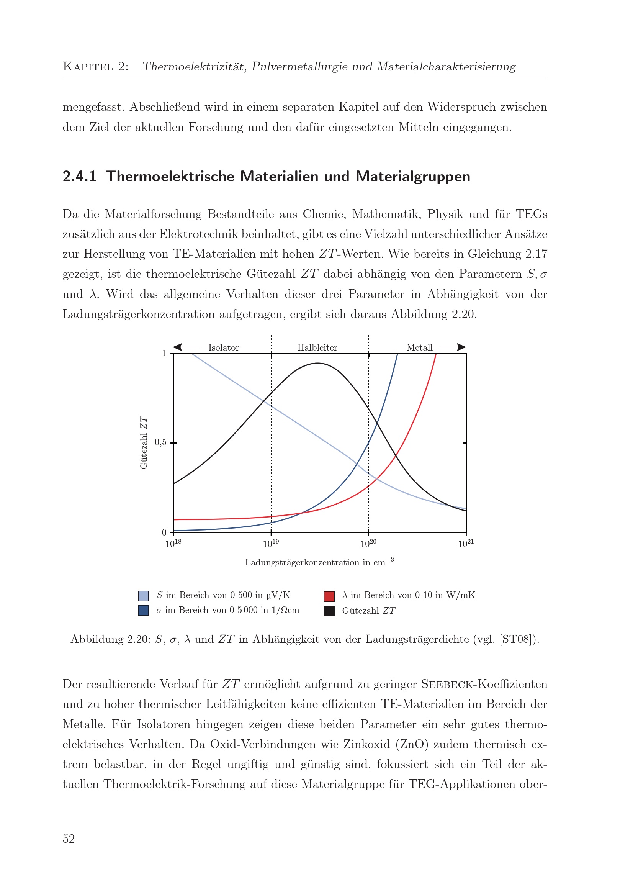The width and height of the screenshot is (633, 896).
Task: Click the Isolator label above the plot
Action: point(223,347)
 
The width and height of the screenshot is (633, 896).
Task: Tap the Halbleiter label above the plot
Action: point(317,347)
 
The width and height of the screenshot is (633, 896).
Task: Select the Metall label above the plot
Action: point(419,347)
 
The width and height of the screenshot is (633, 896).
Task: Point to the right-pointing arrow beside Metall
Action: point(452,347)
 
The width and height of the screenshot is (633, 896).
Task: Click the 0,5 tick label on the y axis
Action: point(160,442)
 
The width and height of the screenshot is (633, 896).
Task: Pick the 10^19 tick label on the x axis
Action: point(271,543)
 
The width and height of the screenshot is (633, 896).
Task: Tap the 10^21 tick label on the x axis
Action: point(466,543)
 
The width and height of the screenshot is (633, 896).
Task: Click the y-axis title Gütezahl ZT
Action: point(144,442)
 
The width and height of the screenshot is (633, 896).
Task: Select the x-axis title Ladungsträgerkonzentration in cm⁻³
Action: point(319,562)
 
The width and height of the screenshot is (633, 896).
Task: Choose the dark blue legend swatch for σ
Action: point(143,611)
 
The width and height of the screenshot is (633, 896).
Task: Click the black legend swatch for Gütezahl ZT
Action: point(329,611)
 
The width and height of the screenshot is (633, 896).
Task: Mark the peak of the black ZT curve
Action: point(318,363)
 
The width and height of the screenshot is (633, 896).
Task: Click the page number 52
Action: point(69,839)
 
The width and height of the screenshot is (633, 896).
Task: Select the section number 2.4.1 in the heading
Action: point(80,176)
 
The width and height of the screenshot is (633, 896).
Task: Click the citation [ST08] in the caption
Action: point(519,639)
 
